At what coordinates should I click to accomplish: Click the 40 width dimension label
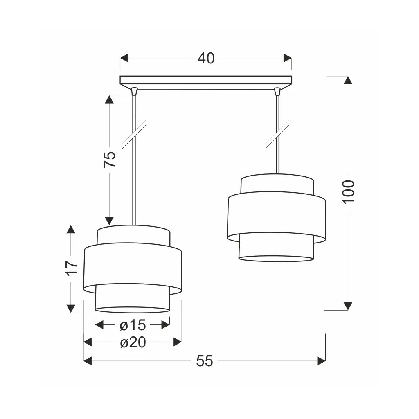pos(206,58)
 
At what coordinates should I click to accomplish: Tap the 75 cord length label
pos(110,160)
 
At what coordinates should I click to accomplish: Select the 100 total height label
pos(348,192)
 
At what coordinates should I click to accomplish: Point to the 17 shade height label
pos(71,268)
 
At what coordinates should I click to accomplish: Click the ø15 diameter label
pos(133,325)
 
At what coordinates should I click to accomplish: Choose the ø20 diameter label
pos(133,342)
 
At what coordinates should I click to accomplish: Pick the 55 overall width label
pos(205,361)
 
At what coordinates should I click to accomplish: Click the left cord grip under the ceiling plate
pos(134,91)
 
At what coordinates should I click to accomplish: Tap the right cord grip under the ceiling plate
pos(278,91)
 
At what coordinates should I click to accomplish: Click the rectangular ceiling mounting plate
pos(206,80)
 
